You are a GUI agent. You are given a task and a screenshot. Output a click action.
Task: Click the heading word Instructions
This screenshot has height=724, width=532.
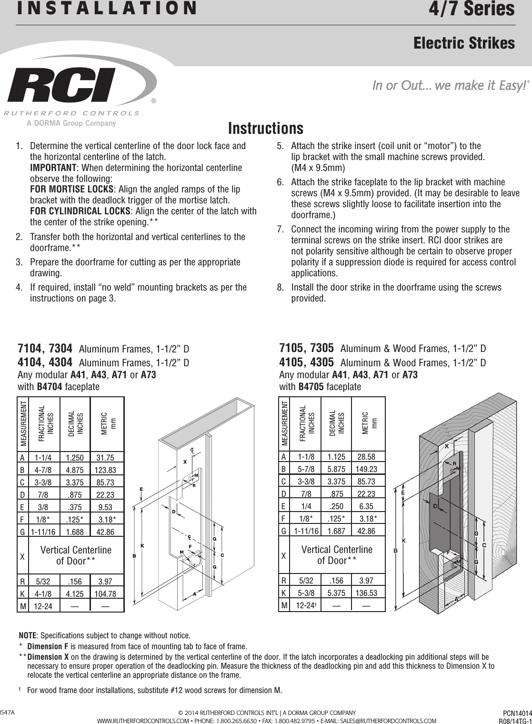(x=265, y=129)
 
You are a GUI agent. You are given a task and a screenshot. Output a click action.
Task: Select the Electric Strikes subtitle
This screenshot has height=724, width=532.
(x=464, y=43)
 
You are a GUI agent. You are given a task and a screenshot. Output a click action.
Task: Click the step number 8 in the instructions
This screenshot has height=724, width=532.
(x=280, y=288)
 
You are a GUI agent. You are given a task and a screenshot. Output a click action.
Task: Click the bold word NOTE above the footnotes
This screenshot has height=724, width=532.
(x=28, y=636)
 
